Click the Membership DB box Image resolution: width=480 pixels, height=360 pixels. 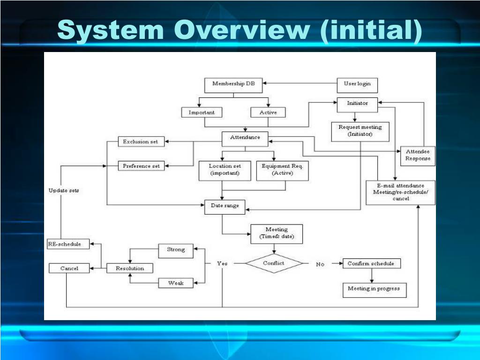(233, 85)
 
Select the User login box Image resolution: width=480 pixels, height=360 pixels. (357, 85)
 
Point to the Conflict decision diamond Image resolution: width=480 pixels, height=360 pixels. (274, 263)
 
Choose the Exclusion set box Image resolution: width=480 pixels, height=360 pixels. (141, 142)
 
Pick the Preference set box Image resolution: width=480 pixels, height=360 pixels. (141, 166)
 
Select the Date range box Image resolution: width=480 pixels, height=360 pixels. (225, 206)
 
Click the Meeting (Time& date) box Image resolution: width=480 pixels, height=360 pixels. (277, 233)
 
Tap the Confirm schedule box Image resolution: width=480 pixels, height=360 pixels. (371, 263)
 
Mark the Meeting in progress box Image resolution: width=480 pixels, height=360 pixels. (374, 289)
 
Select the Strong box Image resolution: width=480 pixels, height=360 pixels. (176, 250)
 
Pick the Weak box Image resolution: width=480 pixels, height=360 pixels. (176, 283)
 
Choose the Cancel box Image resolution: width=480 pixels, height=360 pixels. (69, 269)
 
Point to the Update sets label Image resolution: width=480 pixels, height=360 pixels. (64, 191)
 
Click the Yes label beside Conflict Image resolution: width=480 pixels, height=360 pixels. (222, 263)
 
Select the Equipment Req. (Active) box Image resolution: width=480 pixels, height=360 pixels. (283, 170)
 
